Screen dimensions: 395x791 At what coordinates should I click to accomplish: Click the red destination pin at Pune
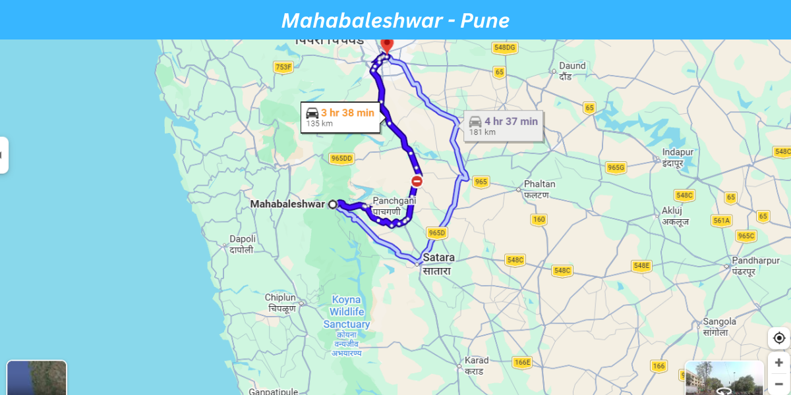coord(386,45)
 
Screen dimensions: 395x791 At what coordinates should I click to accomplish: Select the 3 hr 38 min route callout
coord(340,117)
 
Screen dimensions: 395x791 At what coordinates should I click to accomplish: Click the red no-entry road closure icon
coord(417,181)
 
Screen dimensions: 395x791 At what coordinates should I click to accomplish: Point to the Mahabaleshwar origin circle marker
coord(333,205)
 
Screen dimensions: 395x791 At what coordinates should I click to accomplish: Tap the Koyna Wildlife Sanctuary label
coord(347,312)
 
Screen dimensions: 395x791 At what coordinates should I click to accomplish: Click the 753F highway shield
coord(283,67)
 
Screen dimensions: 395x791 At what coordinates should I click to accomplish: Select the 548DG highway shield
coord(504,47)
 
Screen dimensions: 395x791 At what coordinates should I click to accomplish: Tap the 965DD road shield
coord(341,159)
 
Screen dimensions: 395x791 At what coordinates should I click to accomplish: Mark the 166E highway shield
coord(522,362)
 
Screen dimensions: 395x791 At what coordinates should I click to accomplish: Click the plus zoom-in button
coord(778,362)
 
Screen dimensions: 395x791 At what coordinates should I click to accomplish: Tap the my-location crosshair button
coord(778,338)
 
